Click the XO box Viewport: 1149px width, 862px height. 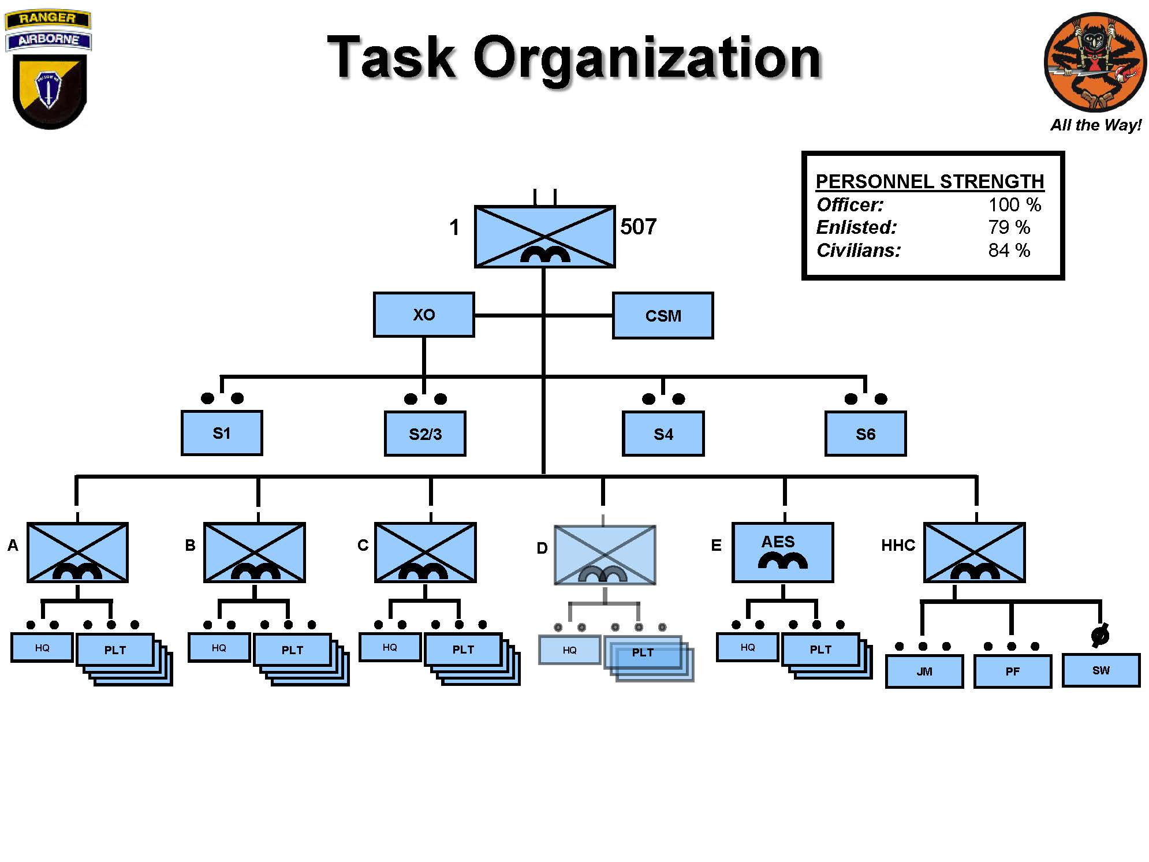pos(423,315)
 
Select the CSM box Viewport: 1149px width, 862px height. pos(663,316)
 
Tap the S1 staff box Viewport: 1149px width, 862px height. pos(222,433)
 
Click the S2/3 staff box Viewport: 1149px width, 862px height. pos(425,434)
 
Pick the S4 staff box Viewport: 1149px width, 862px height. pos(663,434)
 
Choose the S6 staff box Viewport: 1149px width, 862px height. pos(865,434)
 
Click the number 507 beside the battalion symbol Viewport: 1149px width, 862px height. pos(638,227)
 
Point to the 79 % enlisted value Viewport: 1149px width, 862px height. pos(1008,227)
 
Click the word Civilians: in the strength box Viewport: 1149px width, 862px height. pos(858,251)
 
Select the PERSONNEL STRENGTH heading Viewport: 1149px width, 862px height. pos(930,182)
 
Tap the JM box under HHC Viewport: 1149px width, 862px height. pos(924,671)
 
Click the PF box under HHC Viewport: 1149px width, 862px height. pos(1012,671)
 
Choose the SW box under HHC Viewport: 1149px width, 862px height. pos(1100,670)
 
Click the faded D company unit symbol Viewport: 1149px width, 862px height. pos(605,555)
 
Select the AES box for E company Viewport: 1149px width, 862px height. pos(782,553)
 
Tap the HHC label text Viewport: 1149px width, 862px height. pos(898,546)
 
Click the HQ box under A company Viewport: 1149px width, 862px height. pos(42,648)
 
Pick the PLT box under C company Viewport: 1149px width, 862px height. pos(463,650)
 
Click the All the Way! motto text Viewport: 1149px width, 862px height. pos(1095,125)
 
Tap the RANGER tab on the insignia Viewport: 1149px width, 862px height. pos(47,18)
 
